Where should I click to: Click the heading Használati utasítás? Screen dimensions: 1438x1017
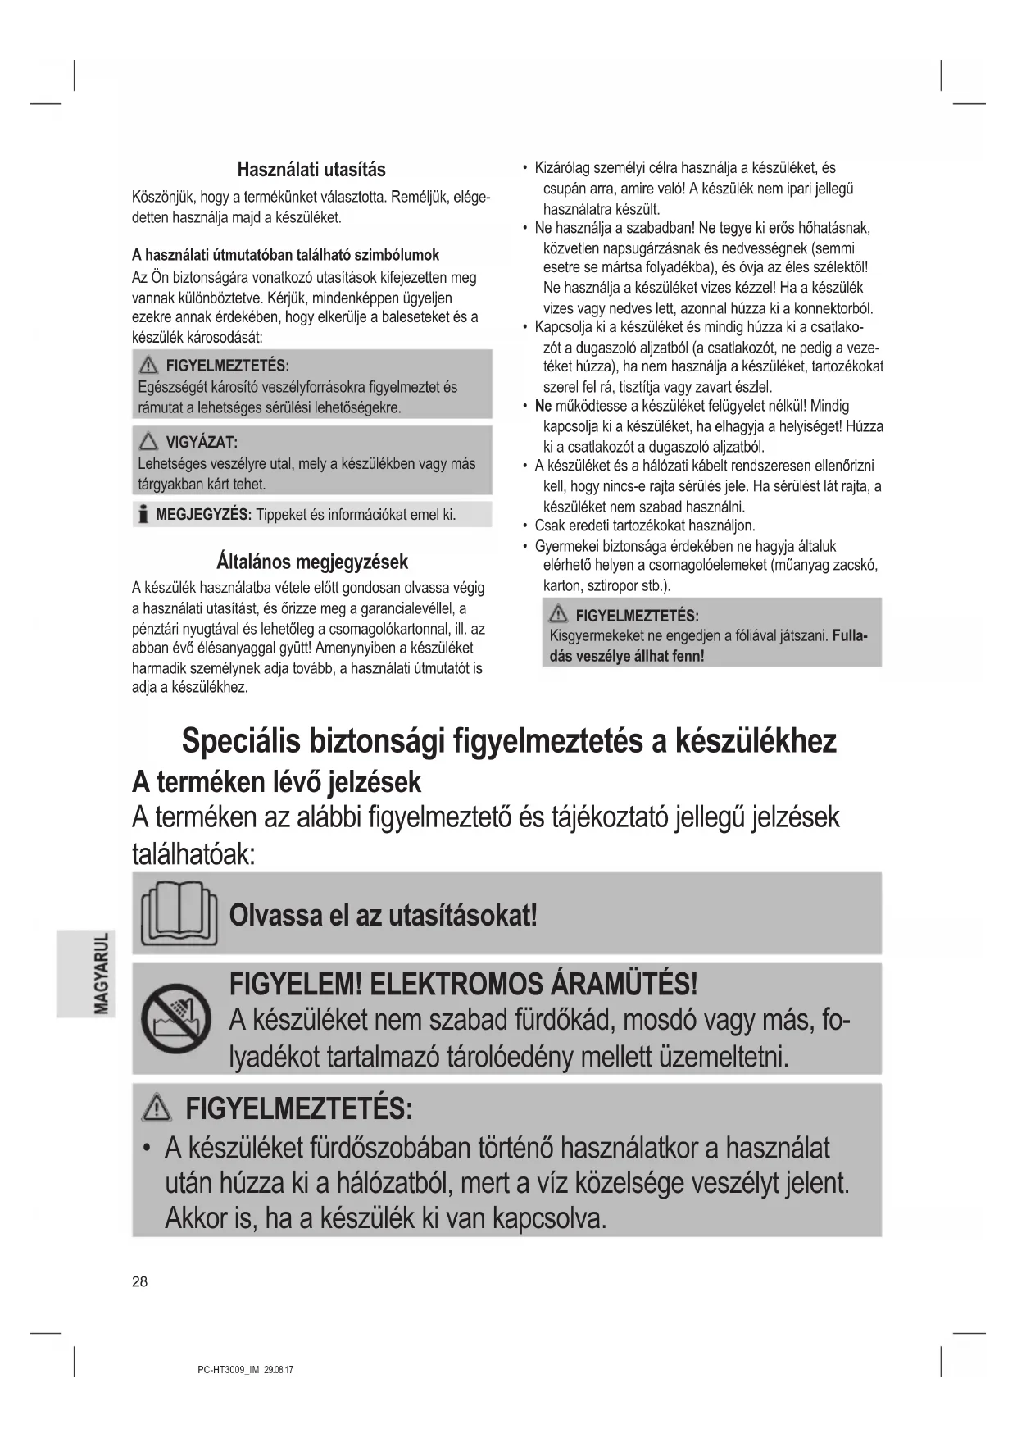tap(311, 170)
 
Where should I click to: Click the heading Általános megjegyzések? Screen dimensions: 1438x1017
tap(311, 562)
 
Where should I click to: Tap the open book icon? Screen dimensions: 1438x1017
tap(179, 913)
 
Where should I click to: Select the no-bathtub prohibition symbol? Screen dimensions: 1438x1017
tap(176, 1020)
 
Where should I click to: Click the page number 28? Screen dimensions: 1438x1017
tap(140, 1282)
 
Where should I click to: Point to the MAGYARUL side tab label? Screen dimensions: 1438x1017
tap(102, 973)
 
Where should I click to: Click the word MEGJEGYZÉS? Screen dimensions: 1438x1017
tap(203, 515)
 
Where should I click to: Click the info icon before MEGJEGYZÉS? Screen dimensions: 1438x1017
tap(143, 515)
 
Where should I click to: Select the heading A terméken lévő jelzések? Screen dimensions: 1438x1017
tap(276, 782)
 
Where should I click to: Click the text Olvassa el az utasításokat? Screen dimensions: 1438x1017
tap(384, 914)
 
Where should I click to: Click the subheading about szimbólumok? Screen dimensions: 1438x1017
tap(286, 255)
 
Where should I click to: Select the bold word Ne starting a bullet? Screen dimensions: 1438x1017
tap(543, 407)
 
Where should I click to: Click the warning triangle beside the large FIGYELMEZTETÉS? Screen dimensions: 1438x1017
tap(157, 1110)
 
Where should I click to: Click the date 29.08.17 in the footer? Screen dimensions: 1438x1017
tap(279, 1369)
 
